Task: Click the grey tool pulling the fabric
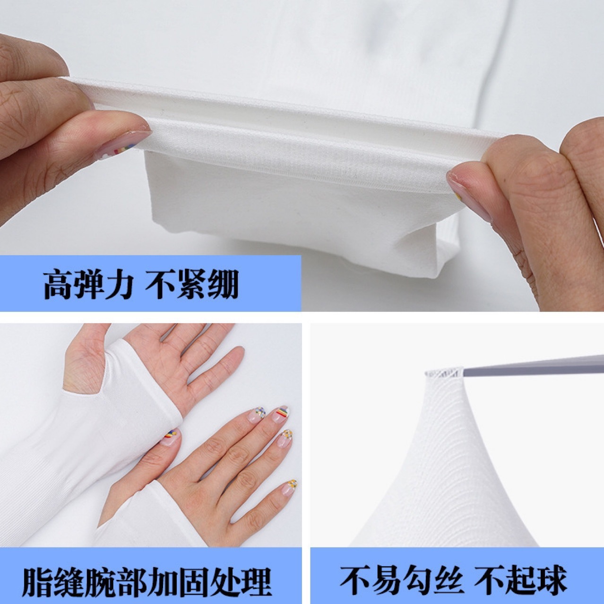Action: tap(534, 366)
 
